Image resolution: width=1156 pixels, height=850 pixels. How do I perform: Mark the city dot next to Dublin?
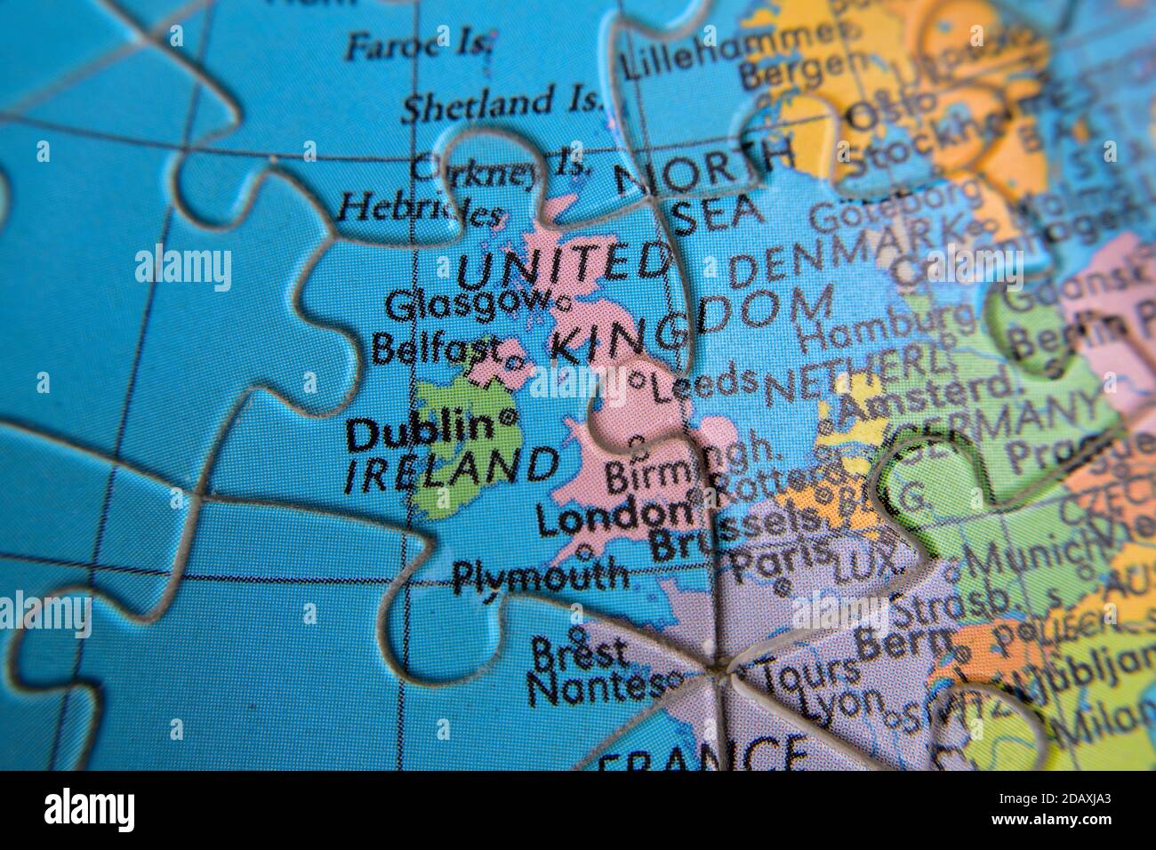(x=509, y=416)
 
